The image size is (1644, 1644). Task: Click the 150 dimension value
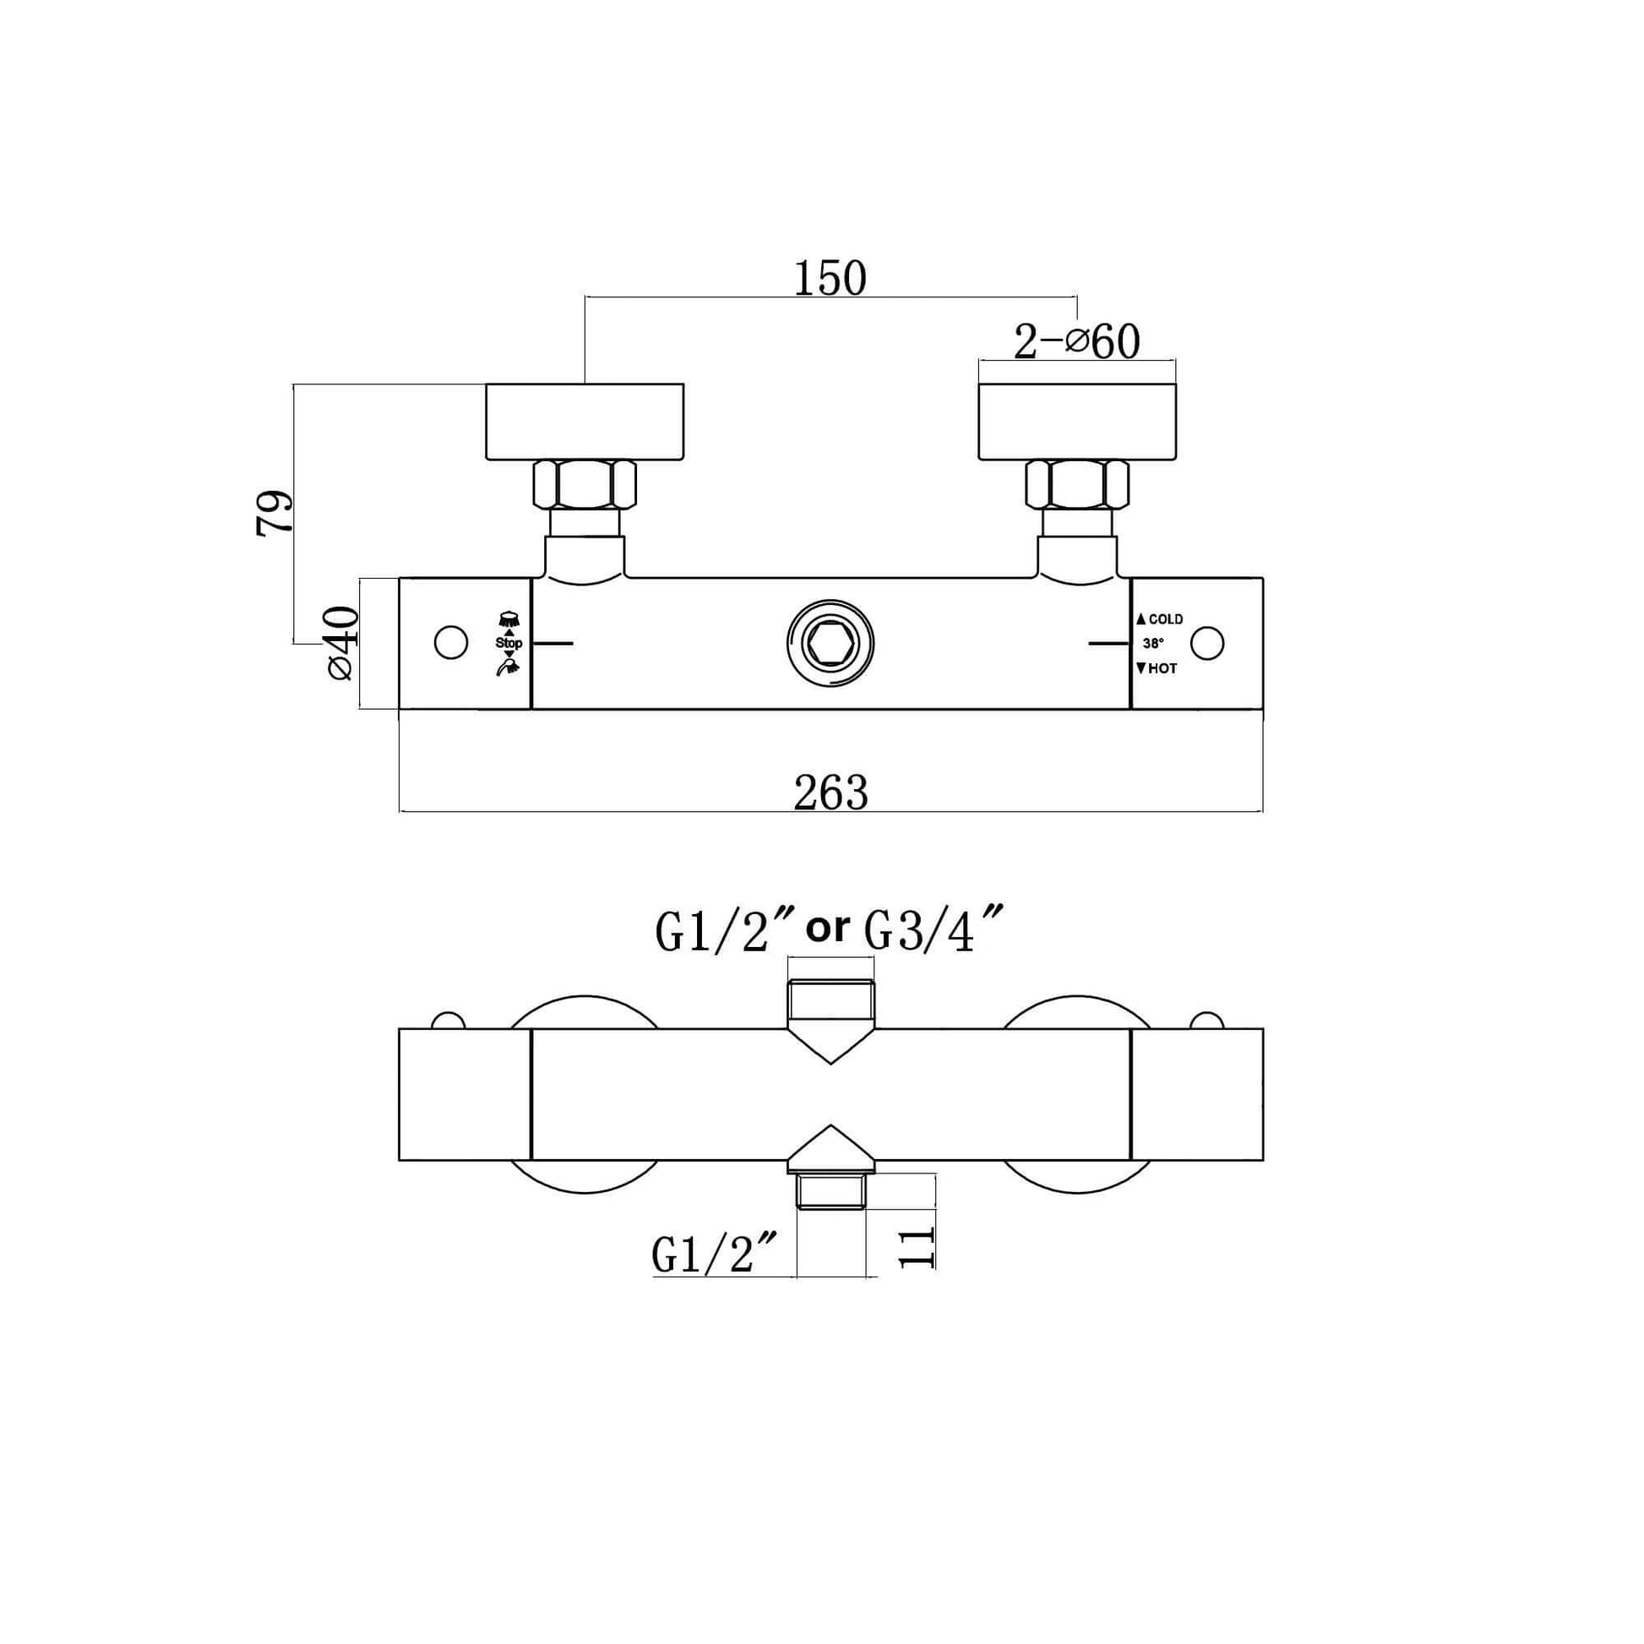(830, 278)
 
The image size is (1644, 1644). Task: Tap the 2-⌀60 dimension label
(1076, 342)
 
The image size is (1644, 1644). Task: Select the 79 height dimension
(274, 512)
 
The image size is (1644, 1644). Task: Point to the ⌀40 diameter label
(340, 642)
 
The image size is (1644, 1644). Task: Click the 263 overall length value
(830, 793)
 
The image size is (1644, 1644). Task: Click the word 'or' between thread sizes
(827, 928)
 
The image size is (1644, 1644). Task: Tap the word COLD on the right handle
(1165, 619)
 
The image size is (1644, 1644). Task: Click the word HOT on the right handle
(1162, 669)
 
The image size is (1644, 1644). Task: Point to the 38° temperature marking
(1153, 644)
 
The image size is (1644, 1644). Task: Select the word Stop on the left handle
(509, 643)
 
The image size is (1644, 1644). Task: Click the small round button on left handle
(451, 643)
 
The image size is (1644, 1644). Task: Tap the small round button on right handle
(1206, 643)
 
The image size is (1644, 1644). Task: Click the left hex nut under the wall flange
(585, 485)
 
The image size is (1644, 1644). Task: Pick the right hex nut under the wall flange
(1077, 485)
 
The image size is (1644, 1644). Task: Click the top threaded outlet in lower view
(830, 1001)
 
